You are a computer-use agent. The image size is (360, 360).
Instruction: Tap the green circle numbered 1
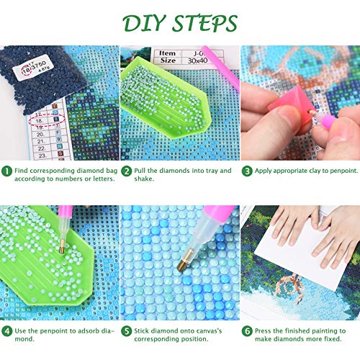[7, 171]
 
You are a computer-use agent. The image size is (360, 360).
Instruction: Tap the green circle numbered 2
[126, 171]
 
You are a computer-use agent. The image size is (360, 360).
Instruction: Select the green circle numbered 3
[246, 171]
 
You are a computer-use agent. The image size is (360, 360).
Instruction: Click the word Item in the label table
[167, 53]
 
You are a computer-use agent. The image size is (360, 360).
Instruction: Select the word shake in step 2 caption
[147, 181]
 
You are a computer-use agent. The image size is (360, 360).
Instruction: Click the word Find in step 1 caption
[24, 171]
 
